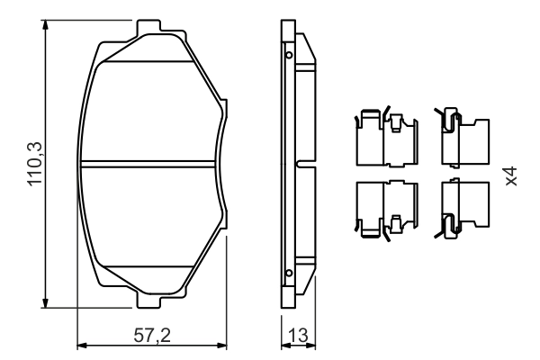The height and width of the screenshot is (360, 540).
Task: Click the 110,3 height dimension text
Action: tap(37, 163)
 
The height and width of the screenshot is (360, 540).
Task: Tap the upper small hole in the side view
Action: tap(288, 55)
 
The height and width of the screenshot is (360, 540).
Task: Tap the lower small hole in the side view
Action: tap(288, 272)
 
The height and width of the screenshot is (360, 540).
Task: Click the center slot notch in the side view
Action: tap(307, 164)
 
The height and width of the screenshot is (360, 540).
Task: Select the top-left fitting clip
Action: tap(384, 137)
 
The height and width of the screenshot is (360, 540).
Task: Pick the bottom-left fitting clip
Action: tap(384, 209)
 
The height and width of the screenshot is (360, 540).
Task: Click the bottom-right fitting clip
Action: tap(462, 209)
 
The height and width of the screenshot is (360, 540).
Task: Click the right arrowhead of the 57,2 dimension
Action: tap(224, 346)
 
